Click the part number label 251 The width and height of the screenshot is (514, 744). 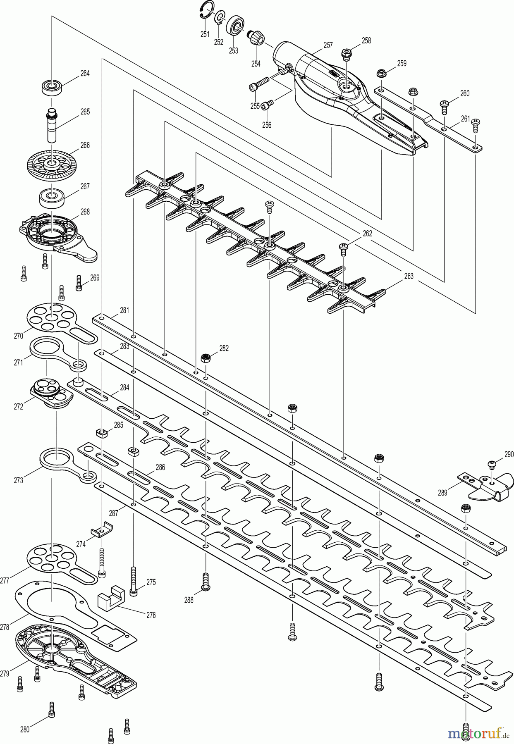pos(205,34)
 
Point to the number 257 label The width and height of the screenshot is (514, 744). pos(328,45)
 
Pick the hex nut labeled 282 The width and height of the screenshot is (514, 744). pos(204,358)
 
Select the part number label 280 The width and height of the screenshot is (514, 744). pos(25,730)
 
